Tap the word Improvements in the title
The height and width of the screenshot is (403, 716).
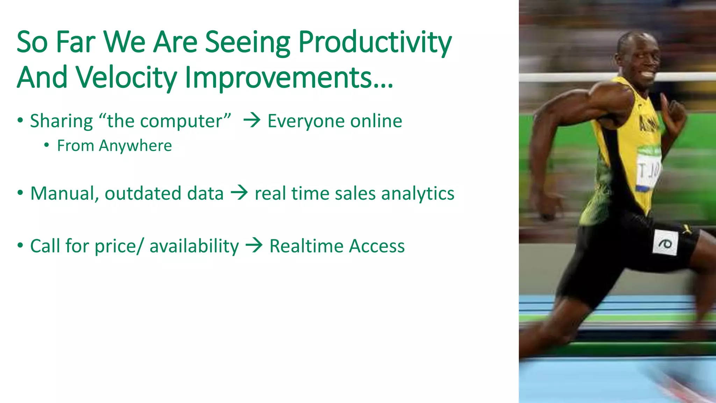point(288,78)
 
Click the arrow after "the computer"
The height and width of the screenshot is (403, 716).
point(252,121)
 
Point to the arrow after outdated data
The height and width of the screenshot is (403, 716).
point(239,193)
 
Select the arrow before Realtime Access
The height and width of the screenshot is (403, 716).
point(254,245)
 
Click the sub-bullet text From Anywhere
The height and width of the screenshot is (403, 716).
point(114,146)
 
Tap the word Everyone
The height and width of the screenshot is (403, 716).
point(306,121)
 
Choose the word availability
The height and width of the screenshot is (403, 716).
point(194,246)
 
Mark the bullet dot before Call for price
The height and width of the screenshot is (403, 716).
point(20,245)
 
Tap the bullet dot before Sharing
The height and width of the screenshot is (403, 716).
point(20,120)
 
